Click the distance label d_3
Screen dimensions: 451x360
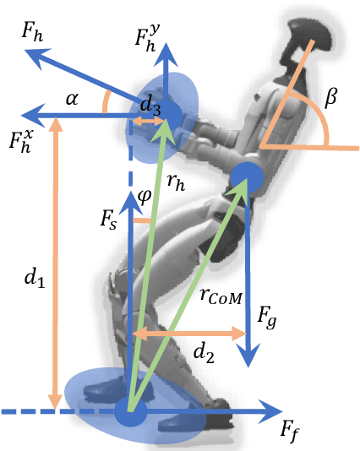pos(150,105)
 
